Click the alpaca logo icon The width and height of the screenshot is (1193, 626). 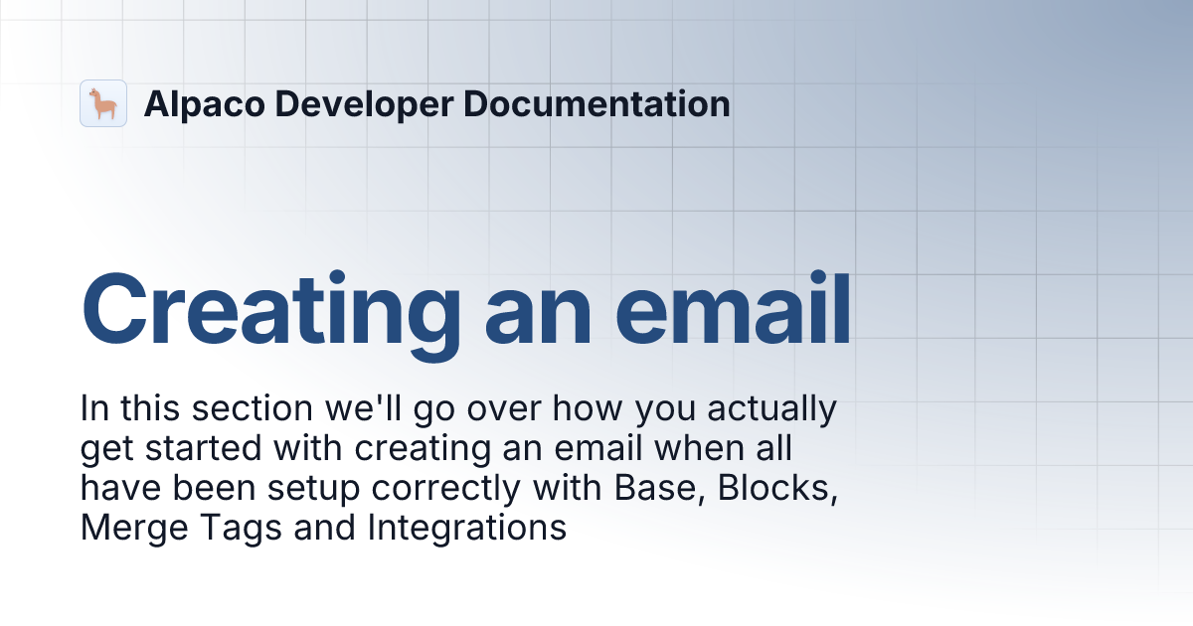point(103,103)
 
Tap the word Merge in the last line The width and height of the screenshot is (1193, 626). point(124,528)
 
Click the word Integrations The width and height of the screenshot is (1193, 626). point(467,528)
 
